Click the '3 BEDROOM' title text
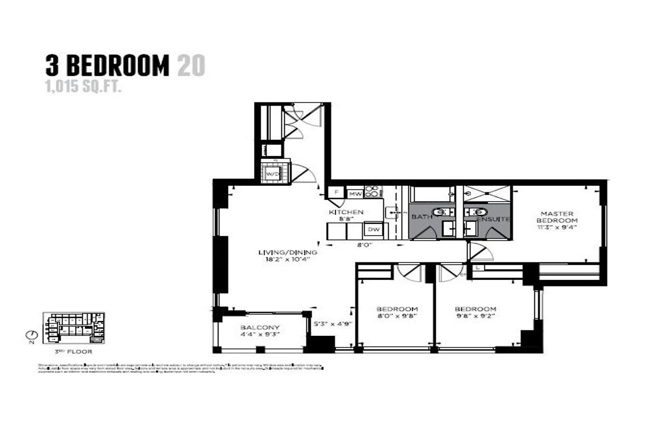107,66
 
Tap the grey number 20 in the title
191,66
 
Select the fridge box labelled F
335,193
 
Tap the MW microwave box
355,193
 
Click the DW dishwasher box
374,229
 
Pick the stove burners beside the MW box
373,192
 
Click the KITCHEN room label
345,212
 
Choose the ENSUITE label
495,219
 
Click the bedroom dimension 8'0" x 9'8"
397,316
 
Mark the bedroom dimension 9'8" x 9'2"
475,316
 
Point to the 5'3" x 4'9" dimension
332,323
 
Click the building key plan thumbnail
73,328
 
